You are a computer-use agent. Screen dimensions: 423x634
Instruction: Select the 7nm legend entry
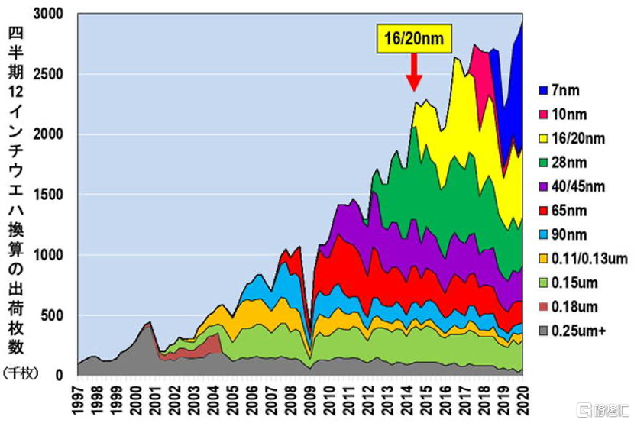point(564,90)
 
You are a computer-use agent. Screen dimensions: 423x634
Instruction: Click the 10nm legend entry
point(567,114)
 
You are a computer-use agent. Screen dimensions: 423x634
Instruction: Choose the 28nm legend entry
point(567,162)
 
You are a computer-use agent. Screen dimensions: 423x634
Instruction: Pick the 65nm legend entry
point(567,210)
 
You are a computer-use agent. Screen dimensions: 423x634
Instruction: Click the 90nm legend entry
point(567,234)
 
